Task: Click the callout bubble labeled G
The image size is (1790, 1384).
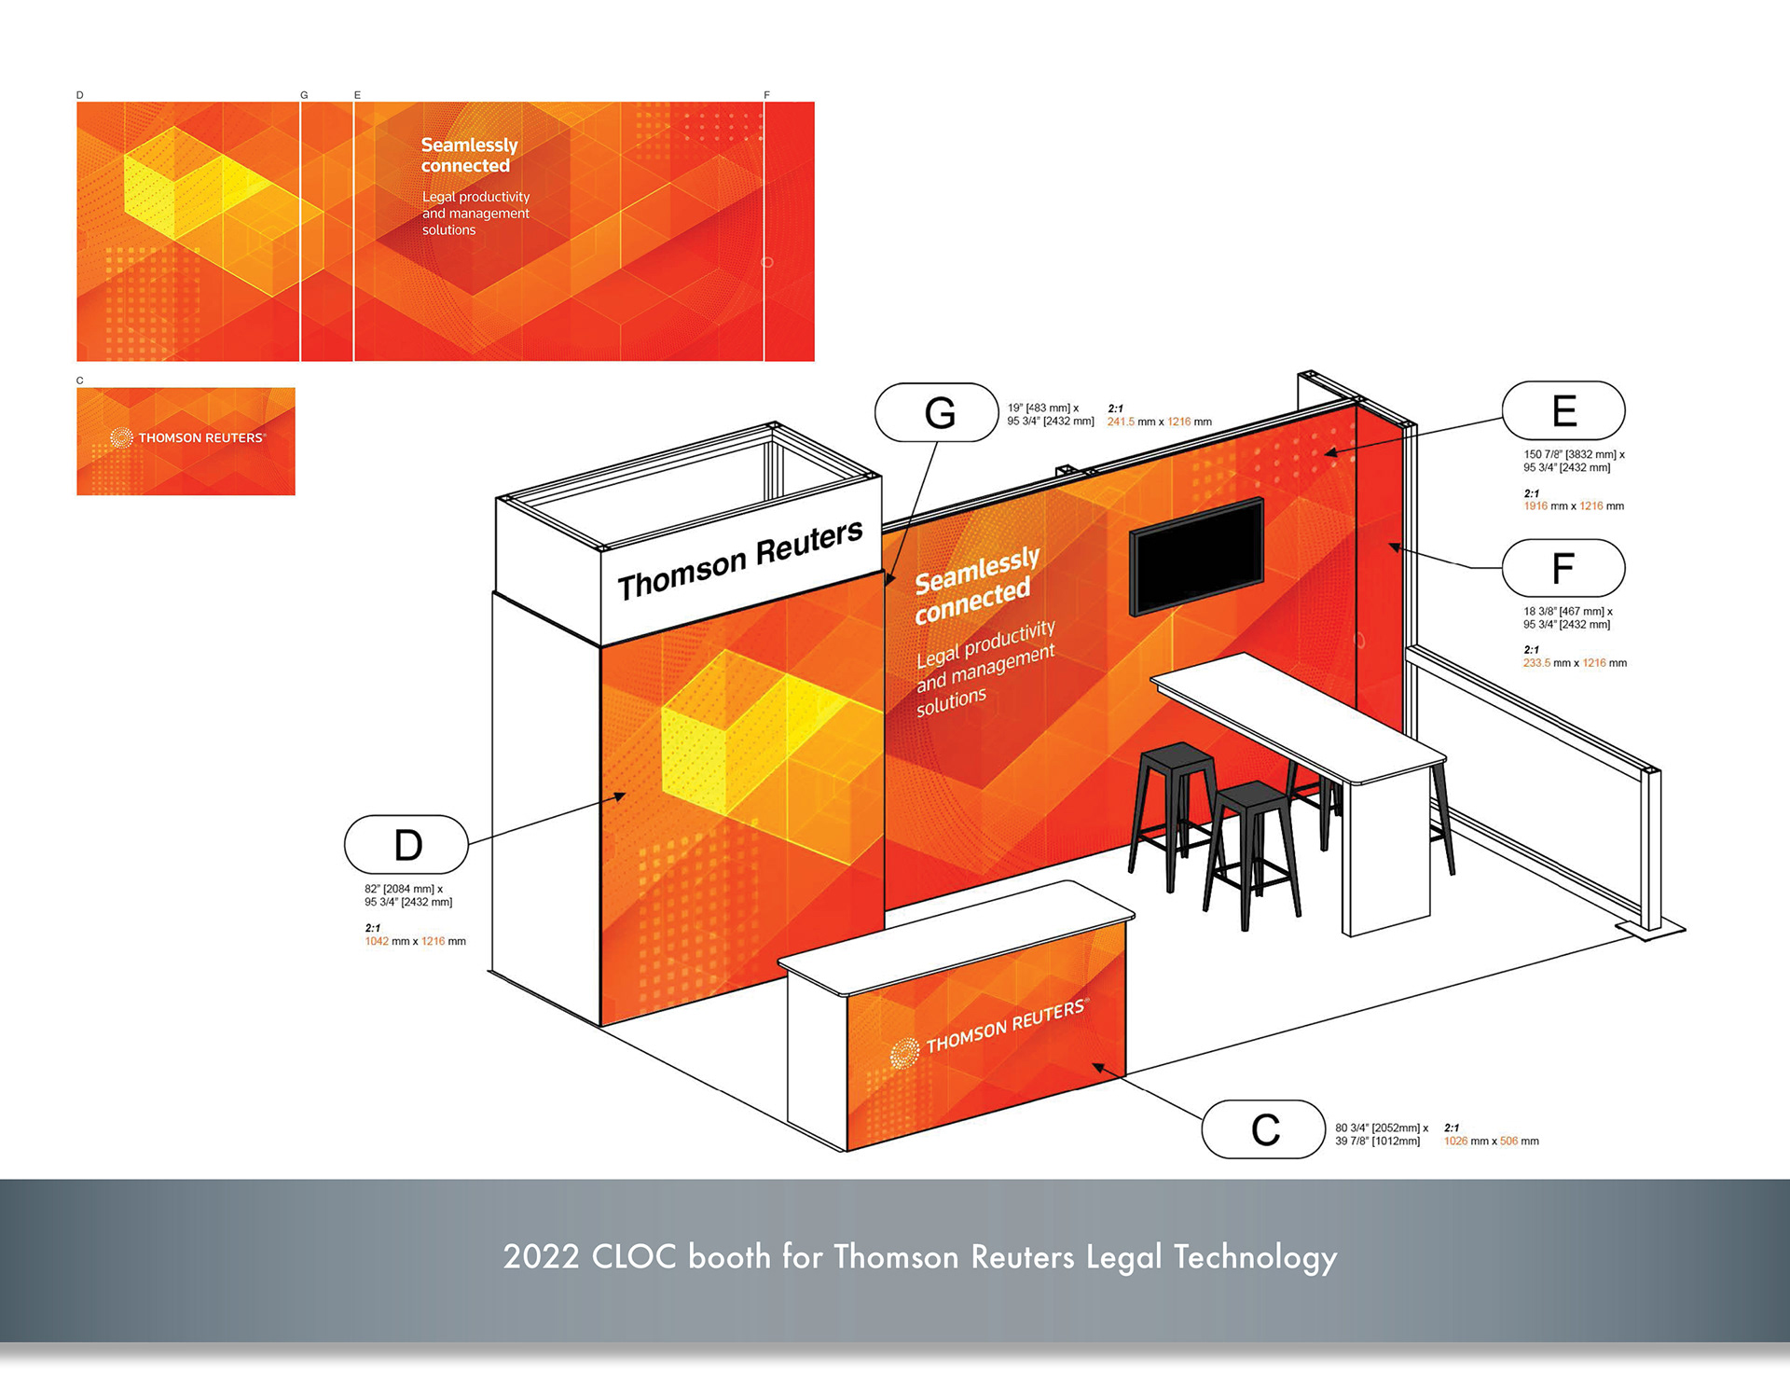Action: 937,412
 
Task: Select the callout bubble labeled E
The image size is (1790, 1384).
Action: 1563,410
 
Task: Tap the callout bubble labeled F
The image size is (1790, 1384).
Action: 1563,568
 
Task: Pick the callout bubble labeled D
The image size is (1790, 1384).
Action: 406,845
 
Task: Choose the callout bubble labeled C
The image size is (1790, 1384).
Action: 1263,1129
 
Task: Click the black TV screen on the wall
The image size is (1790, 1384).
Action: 1196,556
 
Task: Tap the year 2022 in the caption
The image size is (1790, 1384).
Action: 541,1257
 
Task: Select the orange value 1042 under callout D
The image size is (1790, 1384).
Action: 377,942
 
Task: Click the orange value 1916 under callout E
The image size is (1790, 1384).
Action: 1535,506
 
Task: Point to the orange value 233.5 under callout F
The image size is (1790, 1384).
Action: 1536,663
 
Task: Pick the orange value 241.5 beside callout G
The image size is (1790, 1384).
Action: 1121,422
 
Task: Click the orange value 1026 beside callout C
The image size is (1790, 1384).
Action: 1455,1142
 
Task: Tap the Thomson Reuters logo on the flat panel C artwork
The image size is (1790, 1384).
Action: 187,437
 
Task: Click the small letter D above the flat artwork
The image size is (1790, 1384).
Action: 80,95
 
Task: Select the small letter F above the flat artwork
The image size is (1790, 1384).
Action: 766,95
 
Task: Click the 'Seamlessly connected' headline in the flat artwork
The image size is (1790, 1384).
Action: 469,155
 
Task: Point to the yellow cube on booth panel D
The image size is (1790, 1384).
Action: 737,727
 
